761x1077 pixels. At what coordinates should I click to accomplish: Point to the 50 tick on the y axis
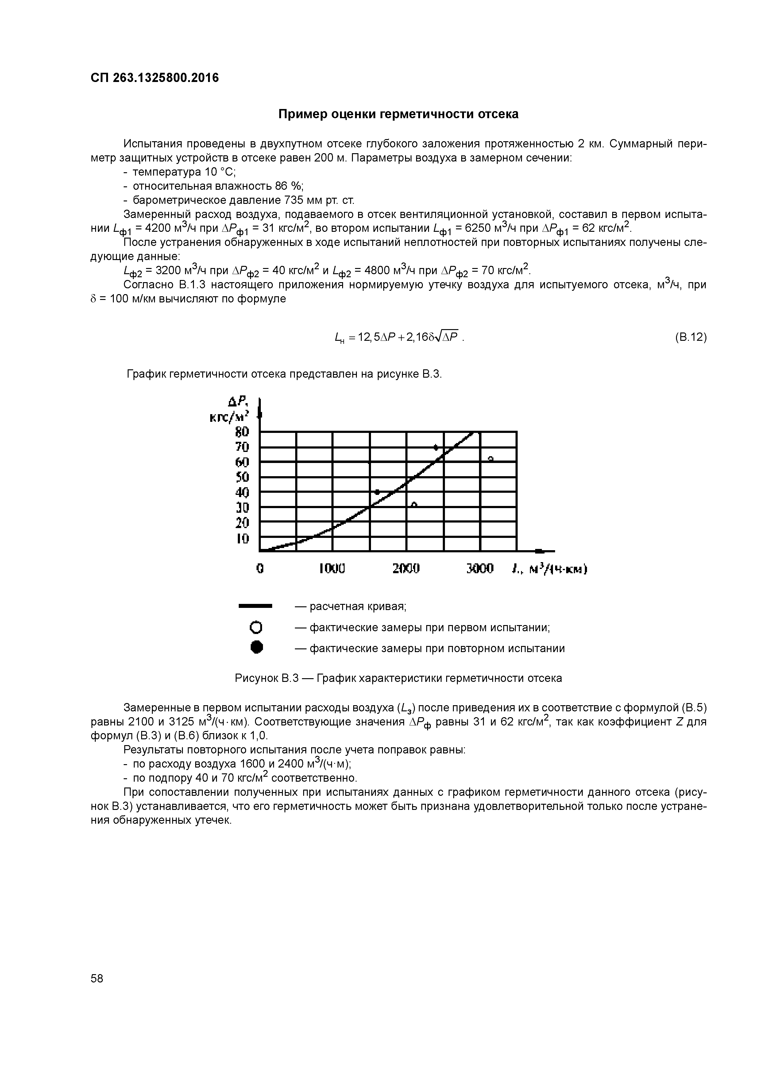pos(242,477)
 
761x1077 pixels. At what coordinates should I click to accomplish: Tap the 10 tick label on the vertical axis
pos(242,538)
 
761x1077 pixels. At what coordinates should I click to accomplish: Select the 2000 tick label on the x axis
pos(406,569)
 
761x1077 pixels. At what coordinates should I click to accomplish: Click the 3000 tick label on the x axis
pos(480,569)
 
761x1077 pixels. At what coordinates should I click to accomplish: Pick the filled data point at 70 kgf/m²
pos(436,448)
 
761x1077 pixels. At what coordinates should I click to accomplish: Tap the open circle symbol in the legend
pos(256,628)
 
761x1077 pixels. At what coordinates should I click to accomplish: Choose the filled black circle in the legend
pos(256,648)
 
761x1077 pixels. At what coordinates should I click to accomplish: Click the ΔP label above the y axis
pos(237,402)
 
